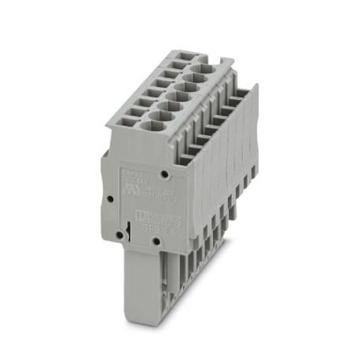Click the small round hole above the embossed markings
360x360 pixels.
163,171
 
